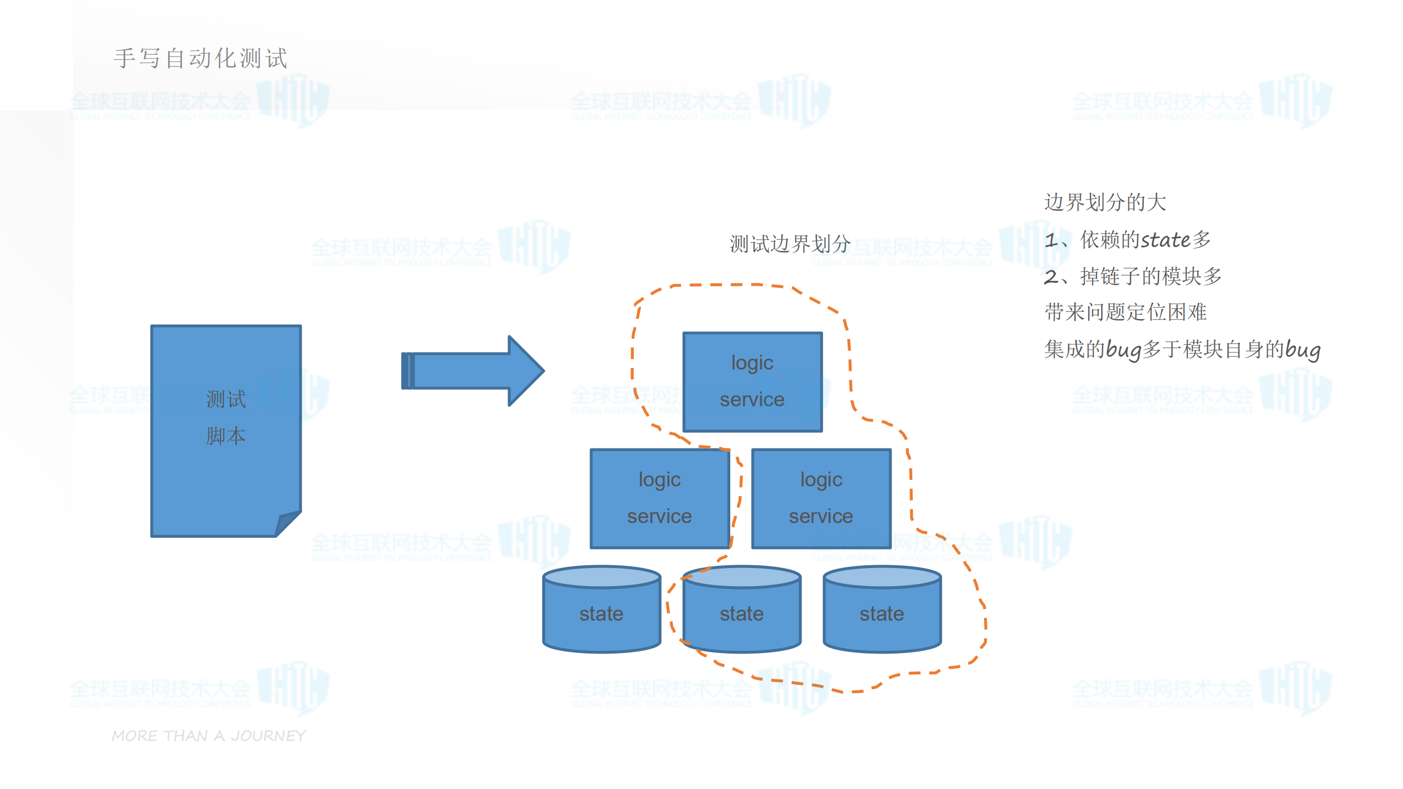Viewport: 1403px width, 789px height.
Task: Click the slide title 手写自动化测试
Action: click(x=201, y=59)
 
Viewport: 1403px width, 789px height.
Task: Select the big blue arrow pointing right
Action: click(x=472, y=371)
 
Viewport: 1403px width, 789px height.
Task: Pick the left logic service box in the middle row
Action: click(x=659, y=498)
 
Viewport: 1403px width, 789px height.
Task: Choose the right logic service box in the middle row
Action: click(x=821, y=498)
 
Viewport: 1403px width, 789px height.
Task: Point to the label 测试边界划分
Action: click(x=789, y=244)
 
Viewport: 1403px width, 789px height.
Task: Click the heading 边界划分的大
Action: click(x=1105, y=202)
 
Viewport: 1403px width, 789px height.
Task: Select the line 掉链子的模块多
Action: click(x=1150, y=276)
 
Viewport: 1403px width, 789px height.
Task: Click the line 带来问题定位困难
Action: click(x=1125, y=313)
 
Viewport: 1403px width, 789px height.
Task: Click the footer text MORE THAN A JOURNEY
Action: click(x=208, y=736)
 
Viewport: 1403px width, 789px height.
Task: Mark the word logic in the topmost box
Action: click(x=752, y=363)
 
